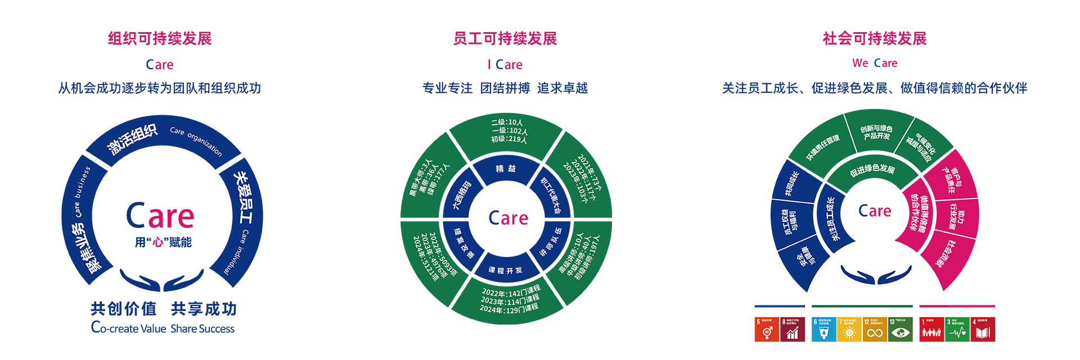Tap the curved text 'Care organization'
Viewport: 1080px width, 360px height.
click(196, 141)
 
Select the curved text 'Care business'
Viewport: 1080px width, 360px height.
click(82, 191)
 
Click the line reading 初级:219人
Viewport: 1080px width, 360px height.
click(508, 139)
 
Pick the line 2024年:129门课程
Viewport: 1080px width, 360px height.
click(508, 309)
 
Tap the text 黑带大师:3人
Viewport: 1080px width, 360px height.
click(420, 178)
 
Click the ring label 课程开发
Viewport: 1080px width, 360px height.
click(505, 271)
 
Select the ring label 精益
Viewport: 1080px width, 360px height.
click(506, 169)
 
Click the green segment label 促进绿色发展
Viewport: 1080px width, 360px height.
click(872, 169)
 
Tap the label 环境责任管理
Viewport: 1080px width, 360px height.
click(823, 147)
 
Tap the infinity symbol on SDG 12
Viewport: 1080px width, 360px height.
click(875, 334)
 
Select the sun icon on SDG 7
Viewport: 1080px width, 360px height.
click(849, 333)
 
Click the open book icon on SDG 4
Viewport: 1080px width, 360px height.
click(982, 333)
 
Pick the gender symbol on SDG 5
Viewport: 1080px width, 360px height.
click(767, 333)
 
